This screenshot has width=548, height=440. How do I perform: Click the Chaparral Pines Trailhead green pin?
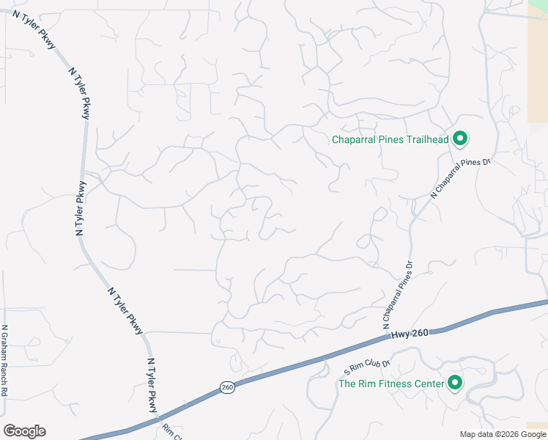pos(460,139)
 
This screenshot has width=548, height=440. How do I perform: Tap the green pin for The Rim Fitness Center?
pos(455,383)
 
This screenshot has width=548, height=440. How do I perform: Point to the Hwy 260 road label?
pos(409,334)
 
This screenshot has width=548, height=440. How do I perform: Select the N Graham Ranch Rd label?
pos(4,361)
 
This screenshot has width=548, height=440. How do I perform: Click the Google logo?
pos(24,431)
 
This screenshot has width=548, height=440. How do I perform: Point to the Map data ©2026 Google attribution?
pos(502,434)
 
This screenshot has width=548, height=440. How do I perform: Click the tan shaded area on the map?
pos(538,66)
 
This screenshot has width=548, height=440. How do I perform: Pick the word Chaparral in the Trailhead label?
pos(355,139)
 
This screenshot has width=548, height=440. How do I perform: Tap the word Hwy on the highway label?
pos(400,334)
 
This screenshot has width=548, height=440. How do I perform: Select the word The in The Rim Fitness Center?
pos(346,384)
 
